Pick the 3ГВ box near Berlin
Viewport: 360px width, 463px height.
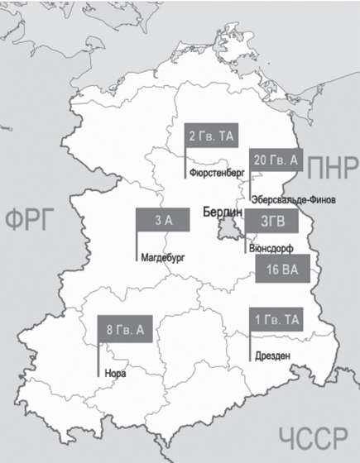[267, 222]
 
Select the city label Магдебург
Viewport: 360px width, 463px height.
[161, 257]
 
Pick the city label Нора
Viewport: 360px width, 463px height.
[116, 371]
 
